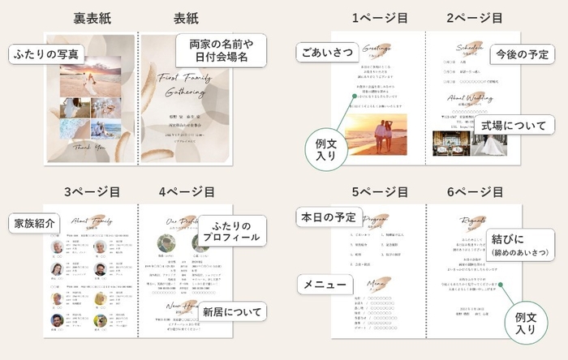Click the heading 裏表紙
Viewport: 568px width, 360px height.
(x=93, y=17)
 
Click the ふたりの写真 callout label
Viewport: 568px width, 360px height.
(x=45, y=54)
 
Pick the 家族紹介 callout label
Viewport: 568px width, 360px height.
(x=32, y=222)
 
